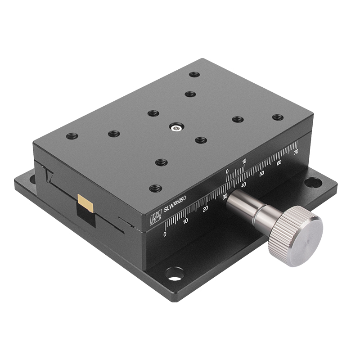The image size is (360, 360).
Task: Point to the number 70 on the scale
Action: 296,153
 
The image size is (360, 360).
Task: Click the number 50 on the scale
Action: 262,173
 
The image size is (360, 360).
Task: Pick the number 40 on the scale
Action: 244,184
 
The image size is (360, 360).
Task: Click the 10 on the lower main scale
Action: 185,220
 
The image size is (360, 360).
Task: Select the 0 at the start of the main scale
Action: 165,234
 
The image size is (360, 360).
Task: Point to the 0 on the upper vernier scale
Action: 227,171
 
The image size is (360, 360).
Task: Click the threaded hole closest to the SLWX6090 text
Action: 155,188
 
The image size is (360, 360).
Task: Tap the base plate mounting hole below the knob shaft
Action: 174,273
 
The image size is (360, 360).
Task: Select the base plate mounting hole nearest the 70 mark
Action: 312,182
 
